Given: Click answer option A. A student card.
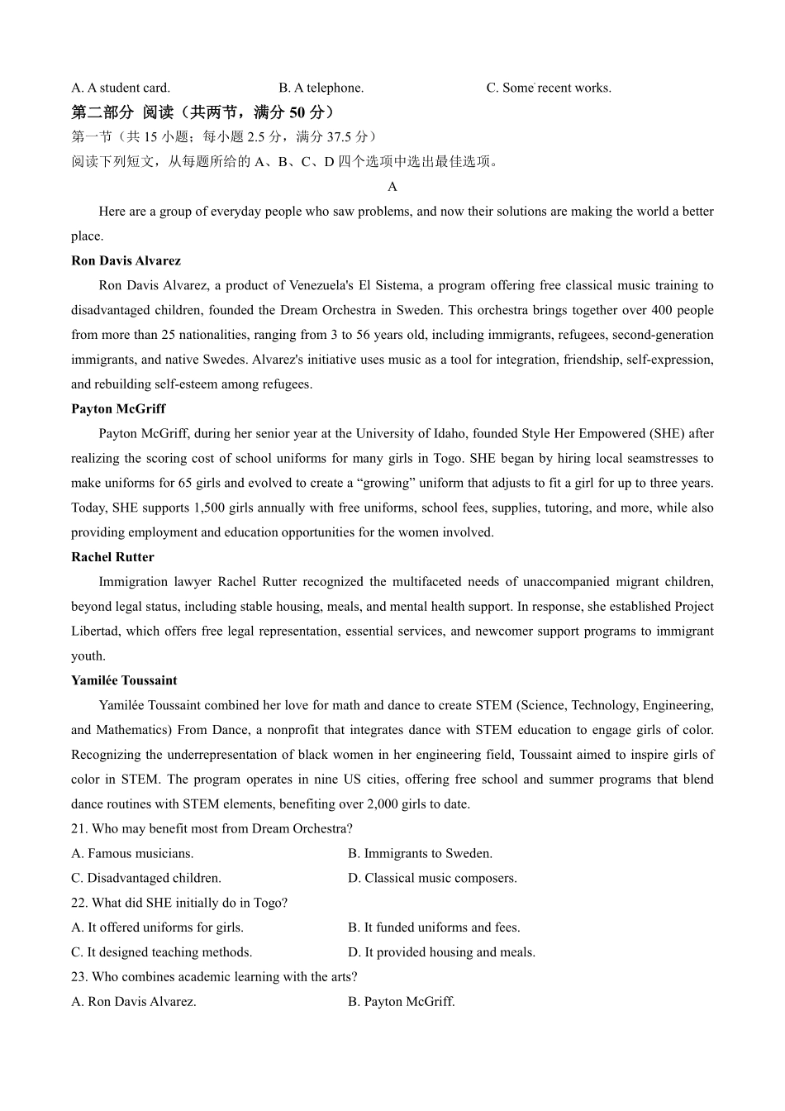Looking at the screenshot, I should [x=121, y=88].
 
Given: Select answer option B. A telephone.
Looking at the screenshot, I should [x=321, y=88].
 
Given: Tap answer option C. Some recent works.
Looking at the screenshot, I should [x=549, y=88].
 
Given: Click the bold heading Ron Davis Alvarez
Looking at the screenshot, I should [x=126, y=261].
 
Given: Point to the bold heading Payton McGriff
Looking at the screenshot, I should [x=118, y=409].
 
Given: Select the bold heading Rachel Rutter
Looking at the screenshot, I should [x=112, y=557].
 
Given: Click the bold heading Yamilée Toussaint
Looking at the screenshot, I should [x=124, y=681].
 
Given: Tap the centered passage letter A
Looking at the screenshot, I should [x=392, y=187].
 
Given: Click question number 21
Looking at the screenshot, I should [x=79, y=829].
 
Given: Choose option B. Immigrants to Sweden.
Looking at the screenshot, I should [x=420, y=854].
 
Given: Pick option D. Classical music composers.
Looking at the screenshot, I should [x=432, y=879].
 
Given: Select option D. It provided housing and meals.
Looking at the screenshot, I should [x=441, y=952].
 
